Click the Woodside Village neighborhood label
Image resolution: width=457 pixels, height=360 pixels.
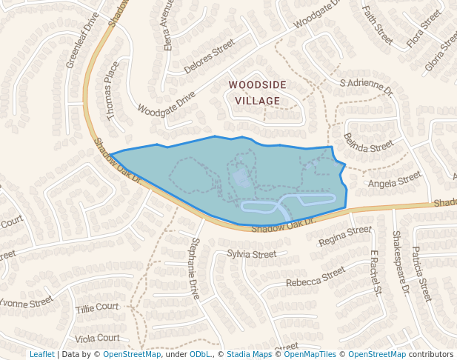point(254,93)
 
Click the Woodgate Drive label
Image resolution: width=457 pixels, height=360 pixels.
point(167,104)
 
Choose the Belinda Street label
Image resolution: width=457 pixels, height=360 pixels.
point(368,142)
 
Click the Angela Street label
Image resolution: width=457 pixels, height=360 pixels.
point(394,181)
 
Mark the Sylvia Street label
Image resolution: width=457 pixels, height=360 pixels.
point(251,254)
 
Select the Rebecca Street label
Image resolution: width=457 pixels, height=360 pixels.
point(316,277)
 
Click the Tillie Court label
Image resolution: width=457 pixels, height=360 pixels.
point(97,307)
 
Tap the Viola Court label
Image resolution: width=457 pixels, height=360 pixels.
point(97,338)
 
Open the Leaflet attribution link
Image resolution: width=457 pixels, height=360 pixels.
point(42,354)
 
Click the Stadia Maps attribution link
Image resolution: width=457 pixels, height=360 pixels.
point(249,354)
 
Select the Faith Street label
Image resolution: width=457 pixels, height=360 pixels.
point(377,23)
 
